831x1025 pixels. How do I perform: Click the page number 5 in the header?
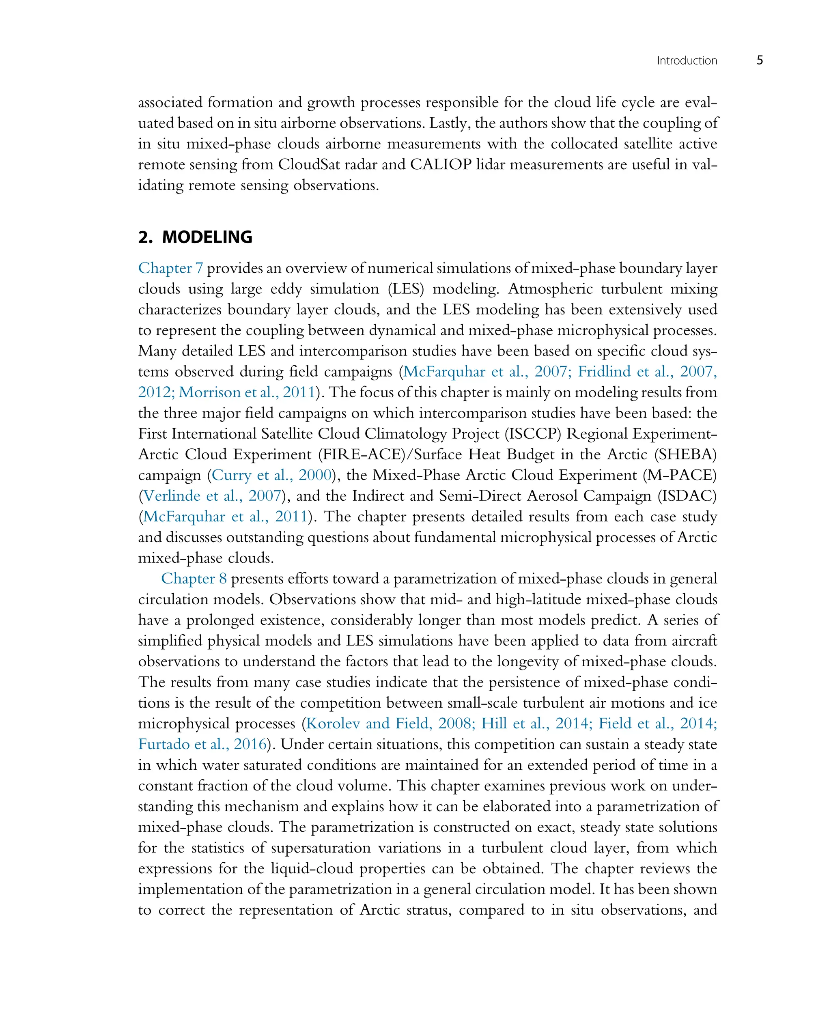click(x=760, y=60)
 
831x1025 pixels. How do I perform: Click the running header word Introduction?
click(x=687, y=61)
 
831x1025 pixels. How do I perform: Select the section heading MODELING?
click(x=207, y=237)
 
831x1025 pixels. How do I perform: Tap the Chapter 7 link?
click(x=170, y=268)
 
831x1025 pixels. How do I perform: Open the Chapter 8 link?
click(x=194, y=578)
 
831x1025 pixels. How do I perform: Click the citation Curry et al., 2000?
click(x=272, y=475)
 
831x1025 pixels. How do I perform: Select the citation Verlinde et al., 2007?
click(x=212, y=495)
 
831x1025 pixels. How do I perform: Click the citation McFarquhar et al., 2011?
click(x=225, y=516)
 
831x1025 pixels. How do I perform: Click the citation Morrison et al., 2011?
click(x=247, y=392)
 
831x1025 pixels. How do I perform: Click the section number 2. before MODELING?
click(x=145, y=237)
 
